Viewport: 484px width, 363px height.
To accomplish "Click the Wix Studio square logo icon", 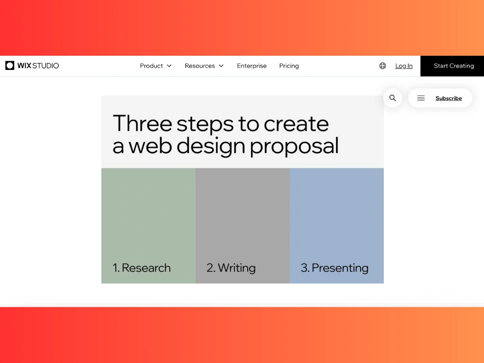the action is point(9,65).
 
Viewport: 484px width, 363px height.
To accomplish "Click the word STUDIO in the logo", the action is point(46,66).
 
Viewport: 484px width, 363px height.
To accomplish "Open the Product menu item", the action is point(151,66).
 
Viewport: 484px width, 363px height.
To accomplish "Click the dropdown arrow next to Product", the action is point(169,66).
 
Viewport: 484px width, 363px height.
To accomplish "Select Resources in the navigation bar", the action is point(200,66).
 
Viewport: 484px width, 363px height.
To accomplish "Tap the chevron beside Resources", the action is point(221,66).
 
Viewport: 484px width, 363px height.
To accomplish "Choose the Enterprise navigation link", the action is point(252,66).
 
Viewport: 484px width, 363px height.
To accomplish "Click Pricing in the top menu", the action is point(289,66).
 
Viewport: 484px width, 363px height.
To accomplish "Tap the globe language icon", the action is point(382,66).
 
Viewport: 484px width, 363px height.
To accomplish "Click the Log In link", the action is point(404,66).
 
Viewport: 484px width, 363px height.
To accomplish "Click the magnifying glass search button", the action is point(393,98).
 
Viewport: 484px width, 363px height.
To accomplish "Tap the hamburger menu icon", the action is point(421,98).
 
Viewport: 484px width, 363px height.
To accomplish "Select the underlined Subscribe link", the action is point(449,98).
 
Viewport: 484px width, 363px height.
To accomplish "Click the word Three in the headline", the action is point(142,123).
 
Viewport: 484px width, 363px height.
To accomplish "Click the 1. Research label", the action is point(142,268).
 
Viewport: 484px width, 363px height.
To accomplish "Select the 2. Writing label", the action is point(231,268).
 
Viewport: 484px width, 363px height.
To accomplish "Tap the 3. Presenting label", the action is point(335,268).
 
